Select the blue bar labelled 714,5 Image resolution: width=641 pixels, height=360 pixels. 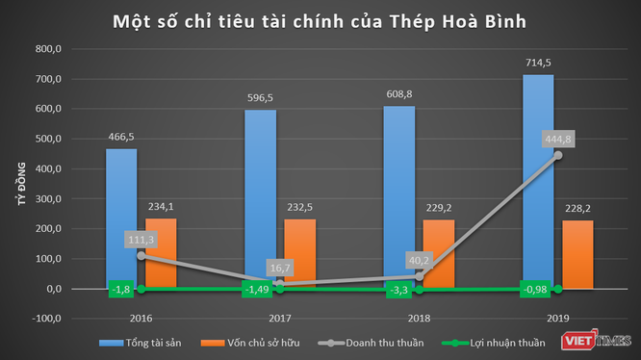[538, 182]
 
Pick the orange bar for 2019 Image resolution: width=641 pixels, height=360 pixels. [577, 254]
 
